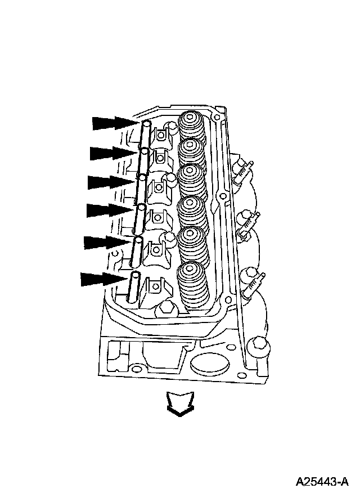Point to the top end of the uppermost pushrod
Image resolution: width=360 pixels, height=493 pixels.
(x=146, y=123)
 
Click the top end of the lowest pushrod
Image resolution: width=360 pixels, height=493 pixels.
(x=135, y=275)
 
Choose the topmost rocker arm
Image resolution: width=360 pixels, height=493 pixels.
(x=163, y=135)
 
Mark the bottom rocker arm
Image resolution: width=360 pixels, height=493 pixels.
(x=154, y=287)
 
